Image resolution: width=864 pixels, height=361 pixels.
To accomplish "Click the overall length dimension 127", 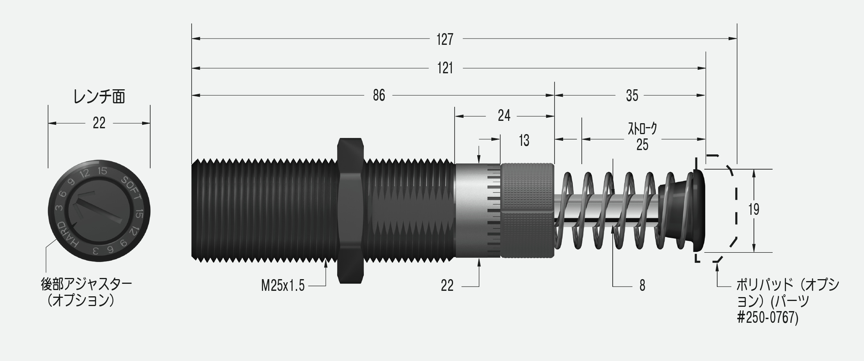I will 445,39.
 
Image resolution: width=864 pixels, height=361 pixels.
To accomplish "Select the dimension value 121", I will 445,69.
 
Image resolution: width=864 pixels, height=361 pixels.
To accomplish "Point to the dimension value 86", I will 379,95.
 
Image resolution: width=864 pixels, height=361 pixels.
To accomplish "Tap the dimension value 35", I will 632,95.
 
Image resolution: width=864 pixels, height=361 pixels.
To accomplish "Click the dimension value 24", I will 504,116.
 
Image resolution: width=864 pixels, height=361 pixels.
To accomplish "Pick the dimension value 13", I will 524,140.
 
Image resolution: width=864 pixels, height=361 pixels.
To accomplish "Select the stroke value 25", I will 642,145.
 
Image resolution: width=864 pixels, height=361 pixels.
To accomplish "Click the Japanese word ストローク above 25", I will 642,129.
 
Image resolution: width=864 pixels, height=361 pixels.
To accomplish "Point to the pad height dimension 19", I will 754,210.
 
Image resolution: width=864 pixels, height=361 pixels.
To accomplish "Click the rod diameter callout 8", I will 642,286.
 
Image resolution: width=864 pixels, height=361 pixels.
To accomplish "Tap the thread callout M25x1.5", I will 283,286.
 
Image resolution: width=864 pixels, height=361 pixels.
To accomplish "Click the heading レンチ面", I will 99,97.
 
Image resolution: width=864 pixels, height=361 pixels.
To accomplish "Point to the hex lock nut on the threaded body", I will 350,211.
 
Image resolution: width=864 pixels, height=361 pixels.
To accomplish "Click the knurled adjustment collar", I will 527,211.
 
